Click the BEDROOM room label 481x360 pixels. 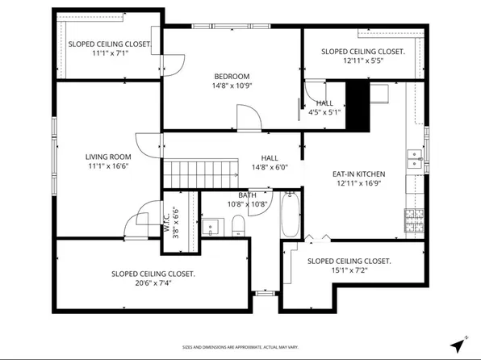231,76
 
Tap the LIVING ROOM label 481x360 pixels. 108,157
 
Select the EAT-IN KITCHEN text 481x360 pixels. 358,174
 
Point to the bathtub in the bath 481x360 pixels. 291,216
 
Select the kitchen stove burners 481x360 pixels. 413,220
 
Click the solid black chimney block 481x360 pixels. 357,100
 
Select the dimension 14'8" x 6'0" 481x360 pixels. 270,168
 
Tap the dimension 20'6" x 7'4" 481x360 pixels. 153,283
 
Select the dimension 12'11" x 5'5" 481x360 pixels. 362,61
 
